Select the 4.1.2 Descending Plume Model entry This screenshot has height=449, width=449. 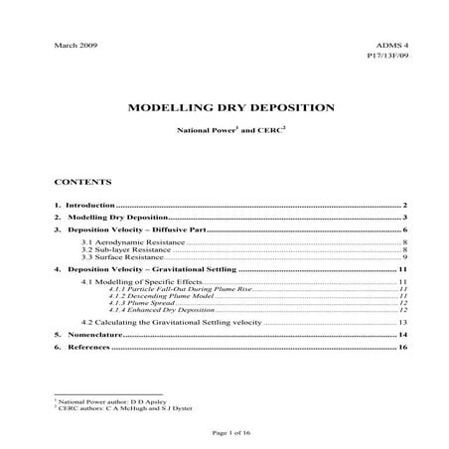[x=158, y=296]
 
